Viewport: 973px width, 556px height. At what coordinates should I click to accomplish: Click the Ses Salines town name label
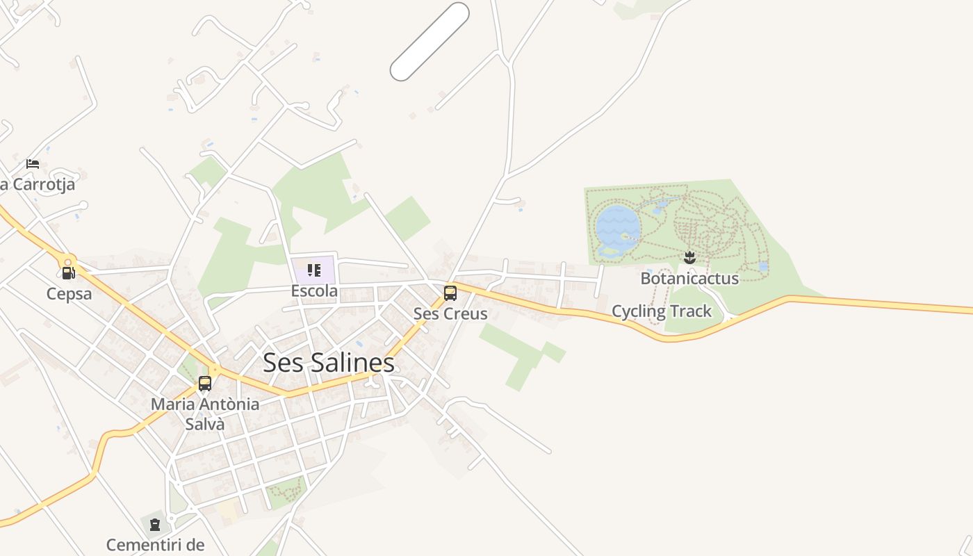[x=329, y=363]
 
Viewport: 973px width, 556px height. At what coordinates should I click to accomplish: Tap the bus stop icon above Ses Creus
[x=450, y=293]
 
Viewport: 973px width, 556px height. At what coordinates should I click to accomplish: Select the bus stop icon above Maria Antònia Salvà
[x=205, y=383]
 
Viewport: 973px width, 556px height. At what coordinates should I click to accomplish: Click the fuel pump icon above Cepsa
[x=67, y=273]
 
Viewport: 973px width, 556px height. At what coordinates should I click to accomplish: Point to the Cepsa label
[x=69, y=294]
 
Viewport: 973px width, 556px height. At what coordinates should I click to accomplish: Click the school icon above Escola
[x=313, y=270]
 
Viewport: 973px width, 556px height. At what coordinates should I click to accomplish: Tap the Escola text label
[x=314, y=291]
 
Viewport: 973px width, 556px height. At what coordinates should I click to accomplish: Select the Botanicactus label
[x=689, y=279]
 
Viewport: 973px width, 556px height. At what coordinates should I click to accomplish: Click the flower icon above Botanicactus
[x=689, y=258]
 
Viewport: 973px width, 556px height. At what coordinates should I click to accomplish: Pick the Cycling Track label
[x=662, y=311]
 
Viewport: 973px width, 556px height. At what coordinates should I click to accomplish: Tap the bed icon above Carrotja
[x=33, y=164]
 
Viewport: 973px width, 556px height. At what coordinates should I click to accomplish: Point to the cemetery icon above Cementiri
[x=154, y=524]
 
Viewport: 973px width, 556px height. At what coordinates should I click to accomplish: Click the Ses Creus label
[x=450, y=313]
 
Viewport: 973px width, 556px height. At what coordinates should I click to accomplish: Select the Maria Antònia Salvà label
[x=205, y=414]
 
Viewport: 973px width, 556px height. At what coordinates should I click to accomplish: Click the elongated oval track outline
[x=430, y=42]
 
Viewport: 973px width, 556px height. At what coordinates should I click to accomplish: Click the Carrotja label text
[x=42, y=185]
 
